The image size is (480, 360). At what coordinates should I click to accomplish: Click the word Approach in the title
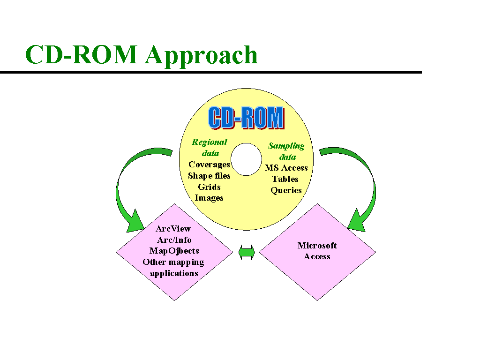click(202, 56)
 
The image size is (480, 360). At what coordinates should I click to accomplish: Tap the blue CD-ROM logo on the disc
click(246, 118)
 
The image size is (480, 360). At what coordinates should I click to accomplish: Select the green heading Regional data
click(210, 147)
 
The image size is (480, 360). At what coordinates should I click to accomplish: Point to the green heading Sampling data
click(286, 151)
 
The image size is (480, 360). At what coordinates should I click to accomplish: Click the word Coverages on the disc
click(209, 165)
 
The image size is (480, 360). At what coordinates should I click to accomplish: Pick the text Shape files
click(209, 176)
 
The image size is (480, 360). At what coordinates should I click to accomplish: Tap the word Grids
click(209, 187)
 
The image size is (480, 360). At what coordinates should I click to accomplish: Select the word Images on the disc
click(209, 198)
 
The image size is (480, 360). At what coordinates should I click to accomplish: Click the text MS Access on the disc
click(286, 168)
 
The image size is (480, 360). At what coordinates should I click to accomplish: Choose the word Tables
click(285, 179)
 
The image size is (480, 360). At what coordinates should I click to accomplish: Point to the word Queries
click(286, 190)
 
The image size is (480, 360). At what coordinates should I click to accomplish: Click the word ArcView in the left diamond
click(173, 229)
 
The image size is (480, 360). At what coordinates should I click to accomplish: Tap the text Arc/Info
click(174, 240)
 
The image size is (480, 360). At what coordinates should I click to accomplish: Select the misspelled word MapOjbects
click(174, 251)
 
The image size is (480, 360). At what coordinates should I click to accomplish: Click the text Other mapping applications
click(174, 268)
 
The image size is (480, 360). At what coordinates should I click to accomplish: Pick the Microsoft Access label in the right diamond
click(317, 251)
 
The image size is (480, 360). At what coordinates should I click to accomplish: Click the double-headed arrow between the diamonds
click(247, 253)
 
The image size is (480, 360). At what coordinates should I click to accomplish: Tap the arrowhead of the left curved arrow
click(136, 223)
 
